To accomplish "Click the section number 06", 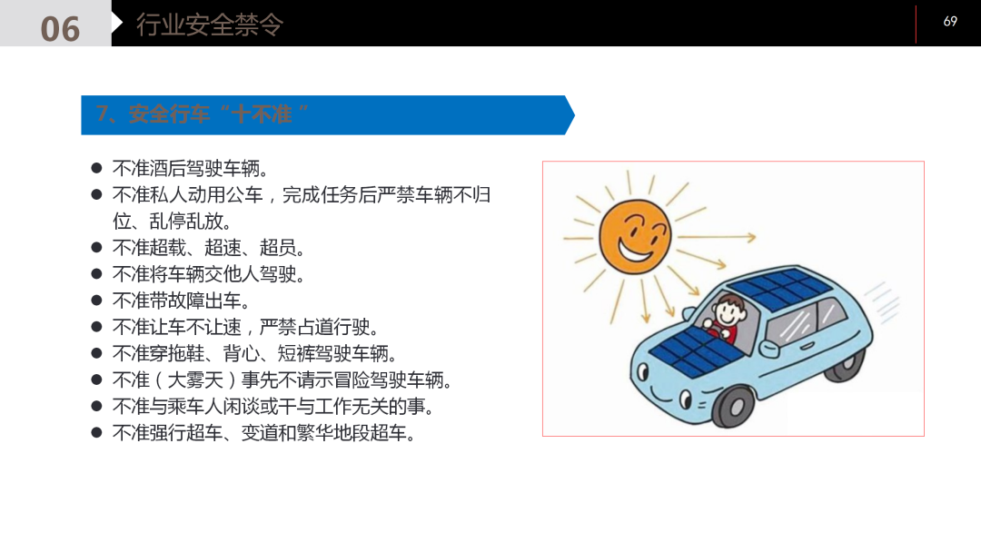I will [x=60, y=28].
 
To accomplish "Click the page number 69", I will [x=950, y=21].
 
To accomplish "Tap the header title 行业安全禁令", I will [x=210, y=25].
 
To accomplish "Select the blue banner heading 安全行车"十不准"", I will [x=203, y=114].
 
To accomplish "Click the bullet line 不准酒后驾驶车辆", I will [x=190, y=168].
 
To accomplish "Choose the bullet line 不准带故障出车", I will [x=181, y=301].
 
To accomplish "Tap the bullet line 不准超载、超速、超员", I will [x=209, y=248].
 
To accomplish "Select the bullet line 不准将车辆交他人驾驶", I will [x=209, y=274].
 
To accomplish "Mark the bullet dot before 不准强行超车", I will [x=96, y=432].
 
